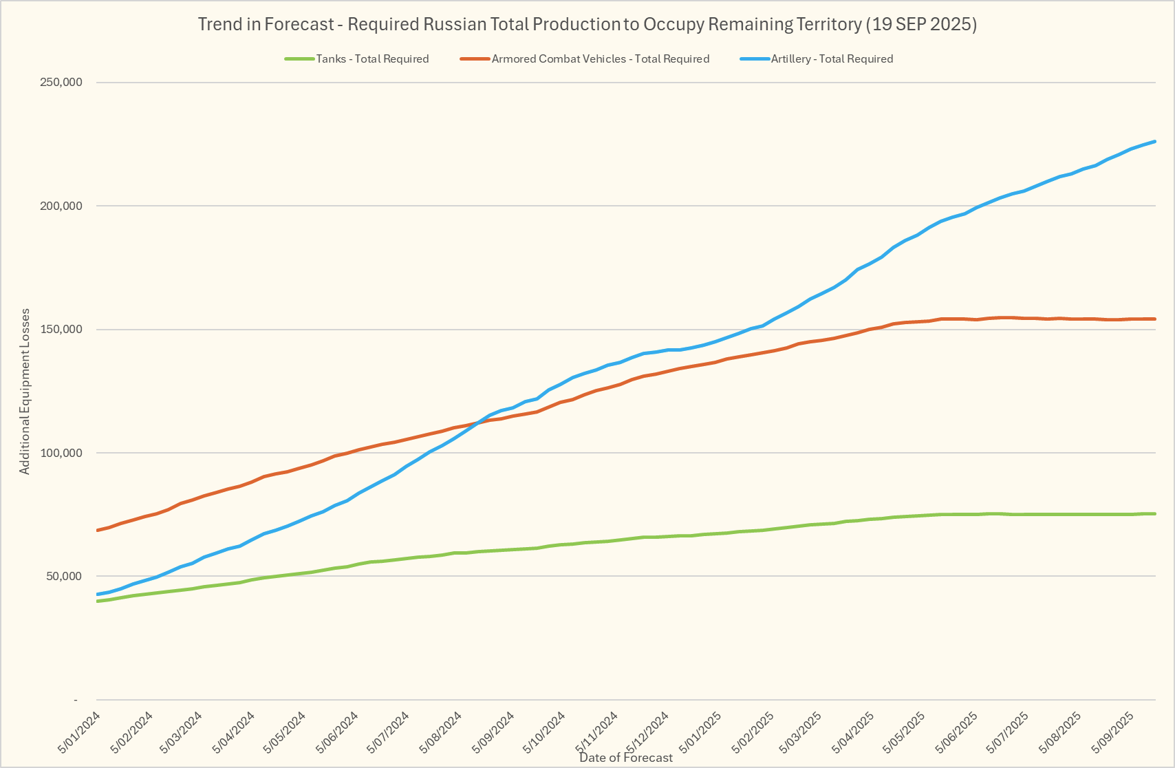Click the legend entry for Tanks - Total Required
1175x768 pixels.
[x=372, y=59]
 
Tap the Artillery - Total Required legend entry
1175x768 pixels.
[x=832, y=59]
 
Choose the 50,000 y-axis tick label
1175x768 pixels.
[x=65, y=576]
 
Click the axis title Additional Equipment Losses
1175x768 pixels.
[x=25, y=391]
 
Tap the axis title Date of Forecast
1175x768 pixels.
[x=626, y=758]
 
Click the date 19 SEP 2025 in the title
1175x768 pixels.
[x=920, y=24]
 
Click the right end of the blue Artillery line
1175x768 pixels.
[x=1154, y=142]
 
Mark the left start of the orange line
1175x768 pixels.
[x=98, y=530]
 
